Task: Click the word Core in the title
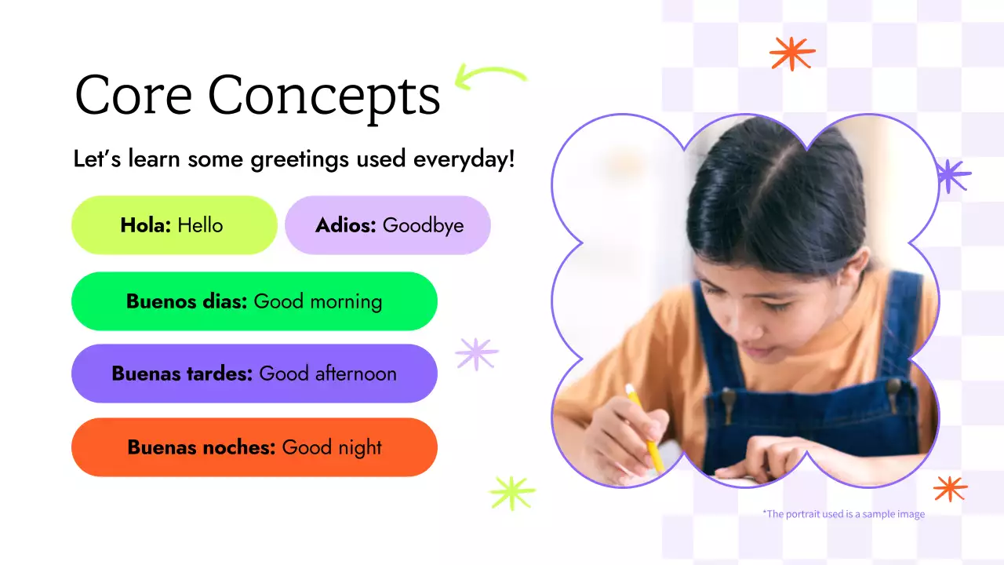pyautogui.click(x=133, y=96)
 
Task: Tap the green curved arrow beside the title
pyautogui.click(x=490, y=77)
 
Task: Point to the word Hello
pyautogui.click(x=200, y=226)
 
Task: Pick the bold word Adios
pyautogui.click(x=346, y=226)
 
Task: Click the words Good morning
pyautogui.click(x=318, y=302)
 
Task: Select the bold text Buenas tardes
pyautogui.click(x=182, y=374)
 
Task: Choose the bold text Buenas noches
pyautogui.click(x=202, y=447)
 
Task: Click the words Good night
pyautogui.click(x=332, y=448)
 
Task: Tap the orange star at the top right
pyautogui.click(x=792, y=53)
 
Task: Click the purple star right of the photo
pyautogui.click(x=952, y=176)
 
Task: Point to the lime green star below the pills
pyautogui.click(x=511, y=493)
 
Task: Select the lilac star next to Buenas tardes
pyautogui.click(x=477, y=354)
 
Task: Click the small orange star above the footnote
pyautogui.click(x=950, y=488)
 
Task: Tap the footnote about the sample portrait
pyautogui.click(x=843, y=514)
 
